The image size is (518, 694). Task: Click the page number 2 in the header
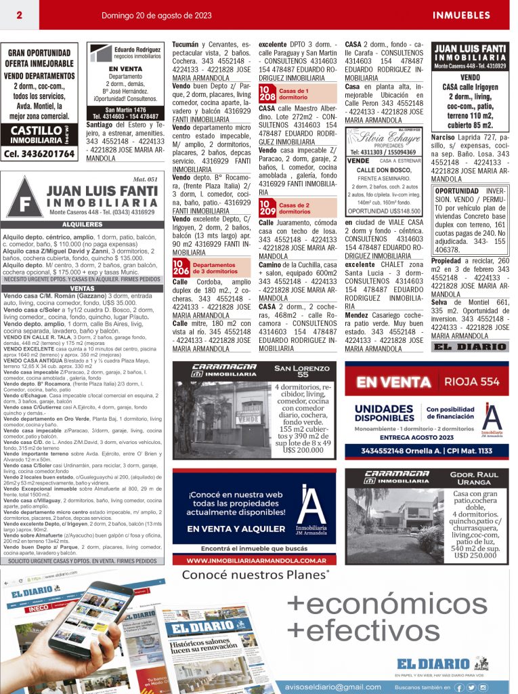tap(20, 15)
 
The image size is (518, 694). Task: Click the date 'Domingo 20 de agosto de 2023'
tap(156, 15)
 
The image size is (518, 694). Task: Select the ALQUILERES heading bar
tap(82, 224)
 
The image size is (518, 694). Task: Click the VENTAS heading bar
tap(82, 288)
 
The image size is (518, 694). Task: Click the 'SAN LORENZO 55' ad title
tap(303, 371)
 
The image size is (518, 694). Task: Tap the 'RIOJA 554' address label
tap(471, 382)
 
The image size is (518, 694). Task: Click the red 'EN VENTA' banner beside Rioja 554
tap(394, 382)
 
